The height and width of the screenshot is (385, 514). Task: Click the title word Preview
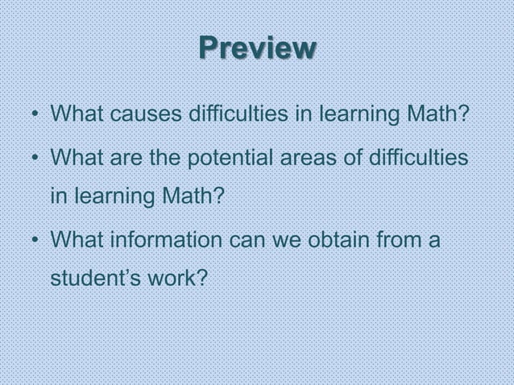[x=257, y=48]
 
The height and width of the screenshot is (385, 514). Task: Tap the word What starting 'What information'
[x=75, y=240]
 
